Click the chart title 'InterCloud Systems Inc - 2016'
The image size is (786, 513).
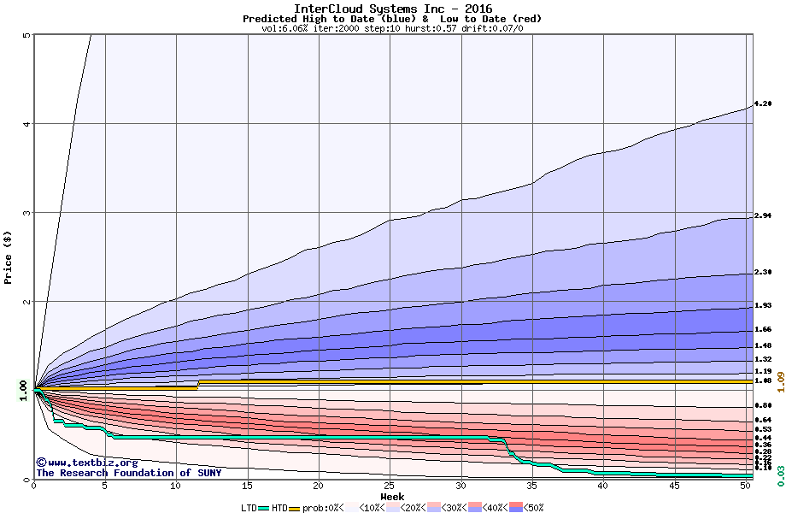pos(392,9)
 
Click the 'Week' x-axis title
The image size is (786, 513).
pos(392,497)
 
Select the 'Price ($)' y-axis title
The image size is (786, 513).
pos(8,256)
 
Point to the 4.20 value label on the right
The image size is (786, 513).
pos(764,103)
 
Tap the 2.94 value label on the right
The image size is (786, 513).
pos(764,216)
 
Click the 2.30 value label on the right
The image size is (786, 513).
pos(764,272)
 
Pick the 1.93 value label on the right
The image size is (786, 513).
pos(764,305)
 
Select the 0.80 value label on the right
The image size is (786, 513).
pos(764,405)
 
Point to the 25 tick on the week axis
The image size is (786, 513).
pos(390,486)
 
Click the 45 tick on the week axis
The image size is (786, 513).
pos(674,486)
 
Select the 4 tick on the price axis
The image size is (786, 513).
pos(26,124)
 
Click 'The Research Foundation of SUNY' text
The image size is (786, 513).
pos(128,473)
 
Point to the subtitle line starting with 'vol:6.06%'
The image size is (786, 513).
pos(392,28)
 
